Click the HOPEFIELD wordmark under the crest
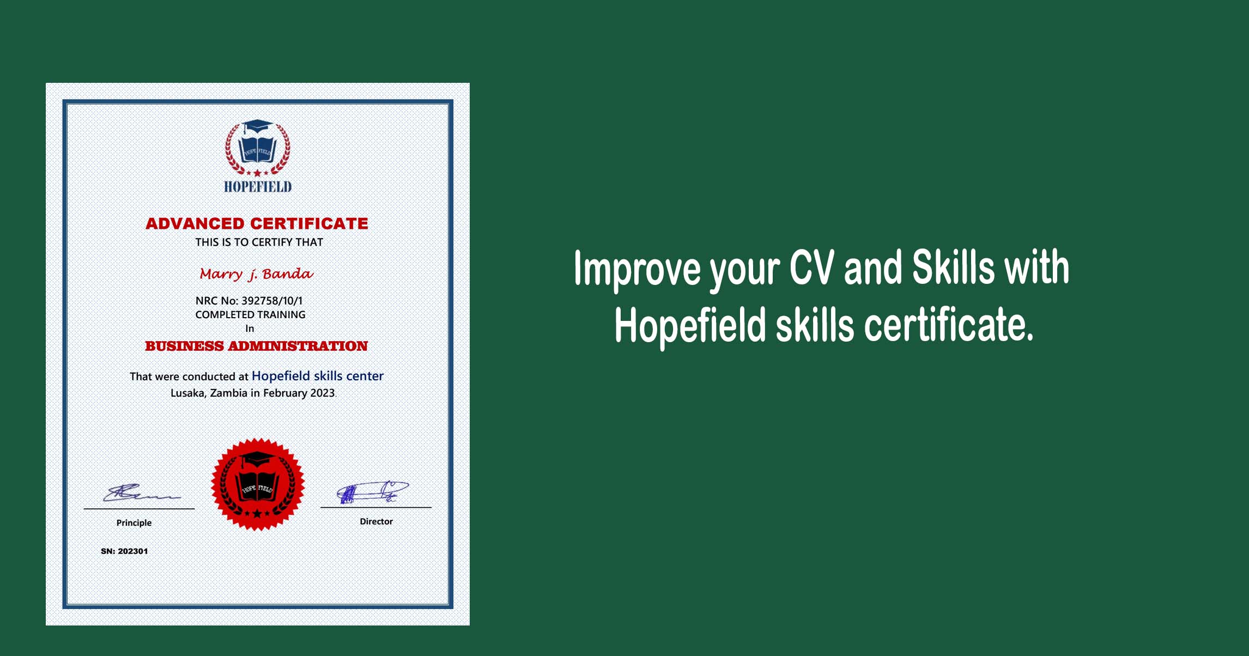coord(258,187)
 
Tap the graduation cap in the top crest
coord(257,127)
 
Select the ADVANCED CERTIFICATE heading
coord(257,223)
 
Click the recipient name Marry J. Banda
coord(256,274)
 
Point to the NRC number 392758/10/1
coord(272,301)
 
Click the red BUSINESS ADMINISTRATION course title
coord(256,346)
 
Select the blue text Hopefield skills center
coord(318,376)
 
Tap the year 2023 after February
coord(323,393)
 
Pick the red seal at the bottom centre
coord(258,484)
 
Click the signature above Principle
coord(142,493)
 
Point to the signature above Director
coord(373,492)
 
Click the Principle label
coord(134,523)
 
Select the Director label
coord(376,521)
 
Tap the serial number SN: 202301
coord(124,551)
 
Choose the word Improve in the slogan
coord(638,269)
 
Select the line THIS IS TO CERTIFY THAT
coord(259,242)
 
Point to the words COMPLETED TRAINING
coord(251,315)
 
